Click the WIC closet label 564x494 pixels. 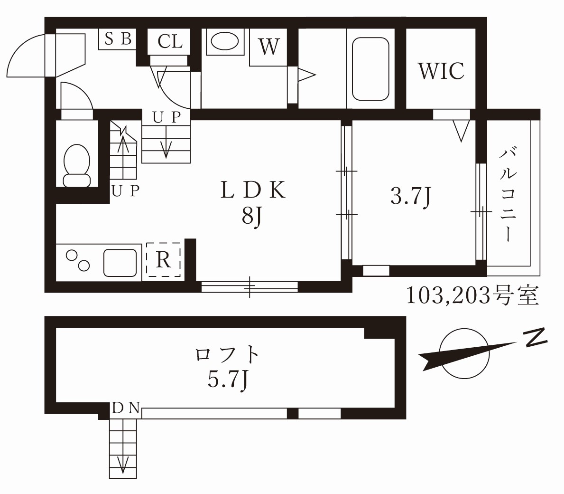tap(441, 71)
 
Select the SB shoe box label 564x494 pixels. tap(118, 39)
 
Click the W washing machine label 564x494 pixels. tap(268, 47)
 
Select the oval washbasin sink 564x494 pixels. tap(224, 41)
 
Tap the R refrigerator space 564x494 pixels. tap(163, 260)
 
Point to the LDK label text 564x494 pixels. tap(253, 191)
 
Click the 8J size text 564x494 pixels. tap(252, 218)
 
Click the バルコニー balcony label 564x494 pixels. tap(508, 195)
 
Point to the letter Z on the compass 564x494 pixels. tap(535, 338)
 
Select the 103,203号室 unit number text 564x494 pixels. tap(472, 295)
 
